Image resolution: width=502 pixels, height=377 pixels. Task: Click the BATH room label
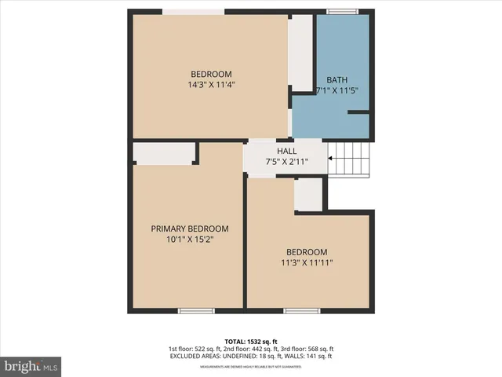(x=337, y=80)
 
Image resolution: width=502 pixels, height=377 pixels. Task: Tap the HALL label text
(x=286, y=151)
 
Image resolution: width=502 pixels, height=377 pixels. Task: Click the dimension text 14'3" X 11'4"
(x=211, y=85)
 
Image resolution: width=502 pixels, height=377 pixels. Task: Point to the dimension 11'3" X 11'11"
(x=307, y=263)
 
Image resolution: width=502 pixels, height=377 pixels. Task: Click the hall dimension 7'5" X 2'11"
(x=286, y=162)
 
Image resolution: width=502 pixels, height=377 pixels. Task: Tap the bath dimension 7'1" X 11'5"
(x=337, y=91)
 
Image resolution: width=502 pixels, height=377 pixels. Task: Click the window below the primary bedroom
(x=196, y=311)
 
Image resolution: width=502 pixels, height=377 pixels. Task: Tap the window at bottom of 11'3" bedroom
(x=302, y=311)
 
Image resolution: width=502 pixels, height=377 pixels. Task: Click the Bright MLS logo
(x=31, y=366)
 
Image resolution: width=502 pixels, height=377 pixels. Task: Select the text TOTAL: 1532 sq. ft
(x=251, y=341)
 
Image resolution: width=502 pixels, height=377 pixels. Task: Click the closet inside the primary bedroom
(x=163, y=152)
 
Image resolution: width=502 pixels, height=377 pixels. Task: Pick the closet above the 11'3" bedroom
(x=308, y=194)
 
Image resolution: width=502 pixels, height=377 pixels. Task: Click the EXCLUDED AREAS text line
(x=251, y=357)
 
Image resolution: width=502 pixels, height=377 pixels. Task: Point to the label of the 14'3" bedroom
(x=211, y=74)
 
